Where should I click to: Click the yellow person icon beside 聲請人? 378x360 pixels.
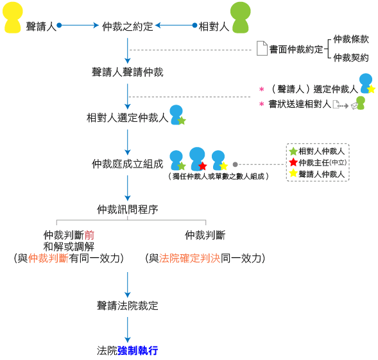[13, 17]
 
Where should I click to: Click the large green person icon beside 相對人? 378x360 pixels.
[241, 17]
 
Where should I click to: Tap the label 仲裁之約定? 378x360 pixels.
[128, 26]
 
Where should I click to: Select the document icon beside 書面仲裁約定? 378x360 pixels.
[262, 48]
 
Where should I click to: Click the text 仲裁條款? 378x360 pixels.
[351, 39]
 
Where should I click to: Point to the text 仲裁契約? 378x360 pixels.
[351, 58]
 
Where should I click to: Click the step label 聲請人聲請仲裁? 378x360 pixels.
[128, 72]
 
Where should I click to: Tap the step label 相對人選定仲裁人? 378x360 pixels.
[128, 117]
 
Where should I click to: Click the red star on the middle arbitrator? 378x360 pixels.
[203, 166]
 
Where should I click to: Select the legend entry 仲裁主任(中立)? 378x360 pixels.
[323, 162]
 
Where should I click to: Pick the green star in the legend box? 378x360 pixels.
[293, 151]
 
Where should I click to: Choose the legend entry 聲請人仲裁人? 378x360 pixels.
[322, 174]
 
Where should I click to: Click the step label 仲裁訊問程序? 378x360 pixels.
[128, 209]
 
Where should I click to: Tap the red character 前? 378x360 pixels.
[89, 235]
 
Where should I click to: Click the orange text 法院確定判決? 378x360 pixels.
[190, 258]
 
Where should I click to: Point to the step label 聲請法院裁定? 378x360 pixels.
[128, 305]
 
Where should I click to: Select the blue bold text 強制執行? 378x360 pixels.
[137, 350]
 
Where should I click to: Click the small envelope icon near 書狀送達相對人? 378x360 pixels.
[354, 106]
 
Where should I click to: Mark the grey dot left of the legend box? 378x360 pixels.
[236, 164]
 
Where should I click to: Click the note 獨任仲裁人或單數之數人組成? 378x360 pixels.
[218, 176]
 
